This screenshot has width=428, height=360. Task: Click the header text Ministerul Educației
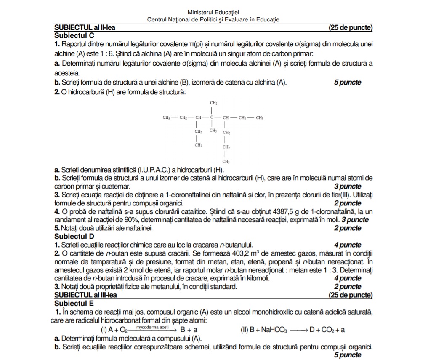tap(213, 13)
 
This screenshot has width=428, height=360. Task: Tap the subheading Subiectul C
tap(74, 36)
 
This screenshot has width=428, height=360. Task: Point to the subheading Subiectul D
tap(74, 237)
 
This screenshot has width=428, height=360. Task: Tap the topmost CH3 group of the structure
tap(213, 103)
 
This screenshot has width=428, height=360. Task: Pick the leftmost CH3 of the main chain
tap(167, 117)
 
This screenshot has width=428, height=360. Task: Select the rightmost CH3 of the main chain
tap(260, 117)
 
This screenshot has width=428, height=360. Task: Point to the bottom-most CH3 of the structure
tap(226, 161)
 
